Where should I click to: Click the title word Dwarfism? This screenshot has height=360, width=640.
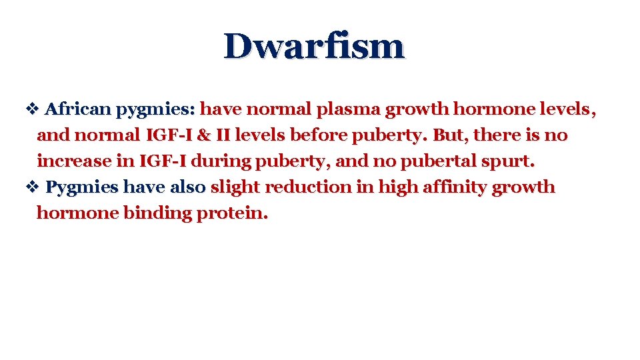tap(314, 47)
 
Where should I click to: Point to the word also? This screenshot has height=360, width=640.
tap(187, 187)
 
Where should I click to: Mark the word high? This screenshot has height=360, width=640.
tap(397, 187)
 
